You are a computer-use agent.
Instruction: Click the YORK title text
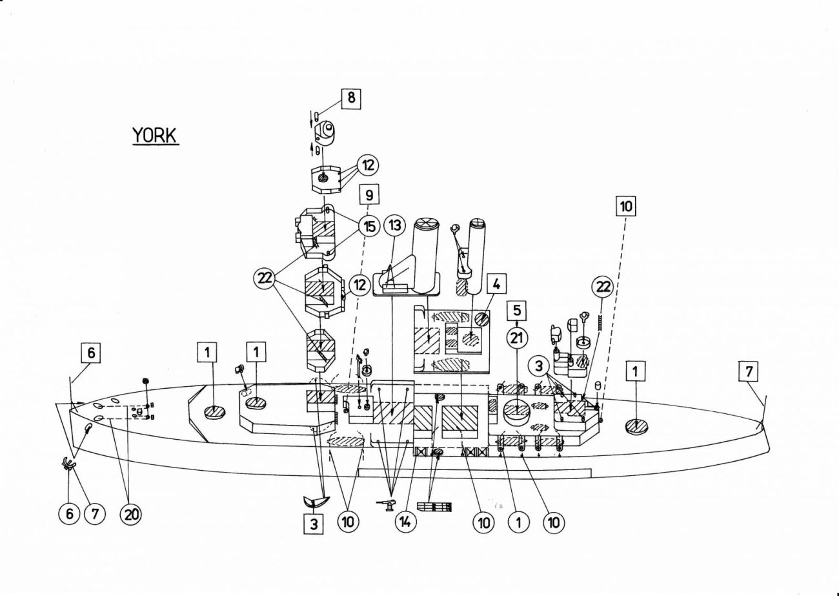156,136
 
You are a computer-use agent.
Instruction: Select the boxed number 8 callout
350,99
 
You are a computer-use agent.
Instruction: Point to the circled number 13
396,226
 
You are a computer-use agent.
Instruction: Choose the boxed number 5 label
518,311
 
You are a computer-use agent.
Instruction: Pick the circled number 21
518,337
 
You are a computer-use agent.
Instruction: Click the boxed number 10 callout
626,206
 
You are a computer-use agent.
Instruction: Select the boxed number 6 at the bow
91,353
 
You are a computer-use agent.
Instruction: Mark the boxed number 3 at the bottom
314,524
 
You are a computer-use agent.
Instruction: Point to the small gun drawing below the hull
386,505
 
